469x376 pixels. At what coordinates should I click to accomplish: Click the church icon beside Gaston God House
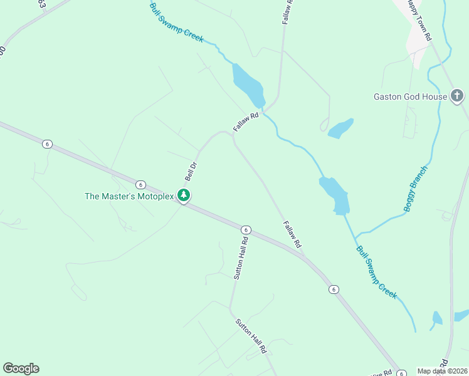pyautogui.click(x=458, y=96)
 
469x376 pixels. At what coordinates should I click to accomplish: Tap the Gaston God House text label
pyautogui.click(x=410, y=97)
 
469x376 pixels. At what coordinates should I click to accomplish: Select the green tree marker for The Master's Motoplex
pyautogui.click(x=184, y=196)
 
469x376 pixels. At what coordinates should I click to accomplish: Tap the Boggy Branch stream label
pyautogui.click(x=416, y=189)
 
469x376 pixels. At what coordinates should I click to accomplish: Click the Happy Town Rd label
pyautogui.click(x=419, y=20)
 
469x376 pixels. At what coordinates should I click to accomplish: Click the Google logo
pyautogui.click(x=21, y=368)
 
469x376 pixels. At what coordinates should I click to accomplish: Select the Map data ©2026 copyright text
pyautogui.click(x=443, y=371)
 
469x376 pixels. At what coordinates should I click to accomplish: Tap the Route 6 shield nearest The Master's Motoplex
pyautogui.click(x=140, y=184)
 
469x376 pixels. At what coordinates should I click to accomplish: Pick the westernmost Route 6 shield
pyautogui.click(x=47, y=144)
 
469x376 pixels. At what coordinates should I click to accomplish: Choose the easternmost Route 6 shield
pyautogui.click(x=333, y=289)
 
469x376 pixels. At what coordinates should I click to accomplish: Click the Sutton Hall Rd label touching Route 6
pyautogui.click(x=241, y=257)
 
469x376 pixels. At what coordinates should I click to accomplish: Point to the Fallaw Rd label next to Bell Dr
pyautogui.click(x=246, y=121)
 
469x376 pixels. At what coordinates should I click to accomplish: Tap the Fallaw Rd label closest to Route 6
pyautogui.click(x=292, y=233)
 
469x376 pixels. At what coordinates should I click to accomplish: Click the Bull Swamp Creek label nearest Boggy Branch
pyautogui.click(x=377, y=272)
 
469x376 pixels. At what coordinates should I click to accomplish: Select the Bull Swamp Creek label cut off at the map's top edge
pyautogui.click(x=177, y=23)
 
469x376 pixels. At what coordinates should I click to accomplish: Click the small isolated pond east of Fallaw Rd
pyautogui.click(x=340, y=128)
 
